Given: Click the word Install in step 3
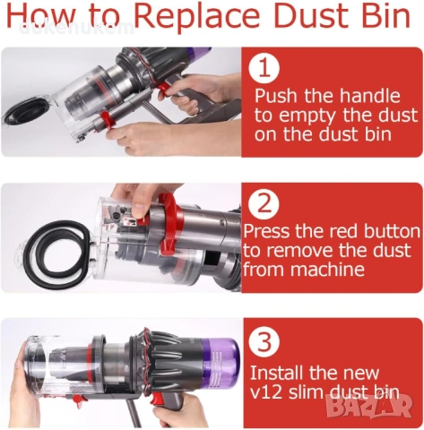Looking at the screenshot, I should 279,372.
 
